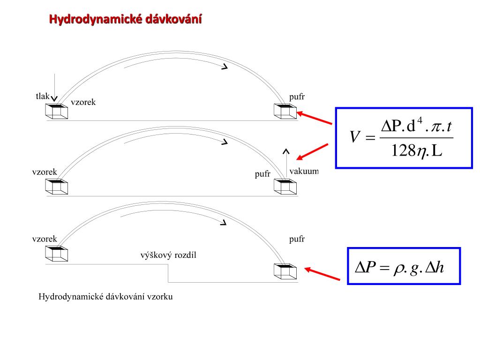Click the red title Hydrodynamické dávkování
[x=126, y=20]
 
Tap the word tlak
[x=42, y=96]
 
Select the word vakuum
[x=304, y=171]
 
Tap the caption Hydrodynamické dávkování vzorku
[x=105, y=297]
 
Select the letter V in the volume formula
[x=355, y=137]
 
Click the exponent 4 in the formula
[x=420, y=121]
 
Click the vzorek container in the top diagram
[x=57, y=112]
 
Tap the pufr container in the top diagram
[x=285, y=112]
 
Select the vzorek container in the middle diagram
[x=57, y=187]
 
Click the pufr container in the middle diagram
[x=285, y=187]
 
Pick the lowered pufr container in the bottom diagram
[x=285, y=271]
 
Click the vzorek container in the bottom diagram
[x=57, y=253]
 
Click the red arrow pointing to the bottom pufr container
[x=322, y=274]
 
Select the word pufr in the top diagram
[x=297, y=97]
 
